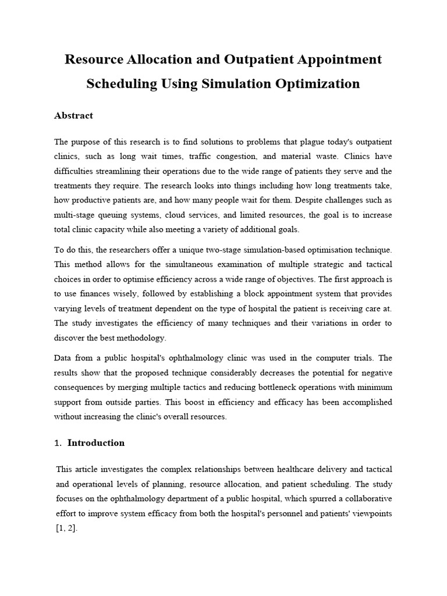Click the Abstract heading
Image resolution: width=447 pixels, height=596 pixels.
(73, 115)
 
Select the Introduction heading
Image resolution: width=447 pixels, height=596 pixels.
(96, 443)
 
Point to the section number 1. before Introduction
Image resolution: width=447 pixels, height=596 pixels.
(58, 443)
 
